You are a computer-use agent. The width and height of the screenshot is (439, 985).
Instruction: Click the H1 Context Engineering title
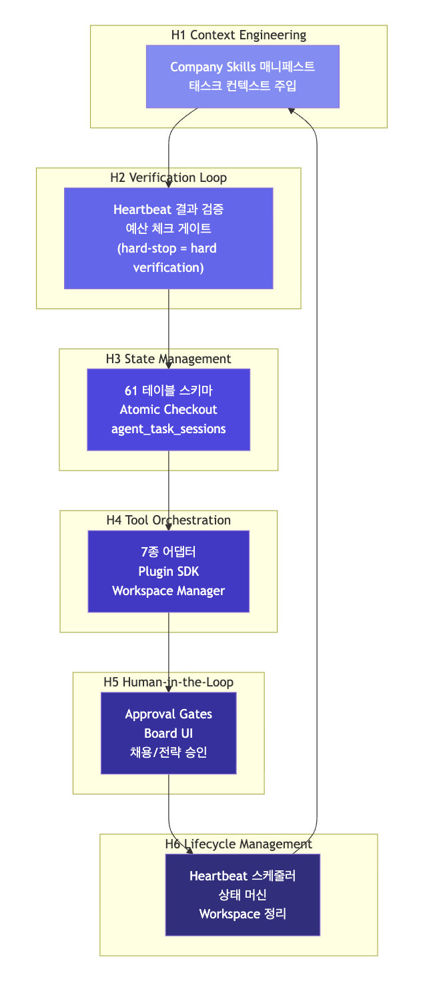pyautogui.click(x=239, y=35)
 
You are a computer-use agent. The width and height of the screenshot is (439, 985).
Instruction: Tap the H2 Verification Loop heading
pyautogui.click(x=168, y=177)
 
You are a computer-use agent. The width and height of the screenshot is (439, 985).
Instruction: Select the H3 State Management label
pyautogui.click(x=168, y=359)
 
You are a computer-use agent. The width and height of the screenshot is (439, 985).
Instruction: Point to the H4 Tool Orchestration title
pyautogui.click(x=168, y=520)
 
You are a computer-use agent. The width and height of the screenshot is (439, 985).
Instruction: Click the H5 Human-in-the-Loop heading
pyautogui.click(x=168, y=682)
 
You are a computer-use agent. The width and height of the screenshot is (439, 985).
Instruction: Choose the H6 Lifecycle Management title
pyautogui.click(x=238, y=844)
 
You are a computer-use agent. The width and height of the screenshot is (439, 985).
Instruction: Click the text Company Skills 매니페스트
pyautogui.click(x=243, y=67)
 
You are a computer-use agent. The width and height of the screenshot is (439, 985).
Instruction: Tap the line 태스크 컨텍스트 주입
pyautogui.click(x=243, y=85)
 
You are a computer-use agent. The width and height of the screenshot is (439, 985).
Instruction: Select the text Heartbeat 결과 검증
pyautogui.click(x=168, y=209)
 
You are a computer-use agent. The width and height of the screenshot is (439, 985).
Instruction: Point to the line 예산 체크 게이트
pyautogui.click(x=168, y=229)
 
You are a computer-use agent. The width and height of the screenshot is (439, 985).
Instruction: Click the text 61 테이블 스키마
pyautogui.click(x=168, y=391)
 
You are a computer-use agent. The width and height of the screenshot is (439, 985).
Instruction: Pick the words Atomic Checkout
pyautogui.click(x=168, y=409)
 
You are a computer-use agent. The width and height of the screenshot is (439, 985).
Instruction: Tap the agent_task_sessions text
pyautogui.click(x=168, y=429)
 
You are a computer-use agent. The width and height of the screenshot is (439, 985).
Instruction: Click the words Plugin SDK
pyautogui.click(x=168, y=571)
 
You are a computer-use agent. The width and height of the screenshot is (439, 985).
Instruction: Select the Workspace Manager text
pyautogui.click(x=168, y=590)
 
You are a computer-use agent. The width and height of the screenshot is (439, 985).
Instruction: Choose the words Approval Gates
pyautogui.click(x=168, y=714)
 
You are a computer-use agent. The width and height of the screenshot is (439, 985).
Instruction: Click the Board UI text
pyautogui.click(x=168, y=733)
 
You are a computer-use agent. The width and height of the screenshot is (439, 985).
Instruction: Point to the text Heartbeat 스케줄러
pyautogui.click(x=243, y=876)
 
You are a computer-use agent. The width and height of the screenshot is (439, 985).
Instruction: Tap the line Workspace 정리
pyautogui.click(x=243, y=914)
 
